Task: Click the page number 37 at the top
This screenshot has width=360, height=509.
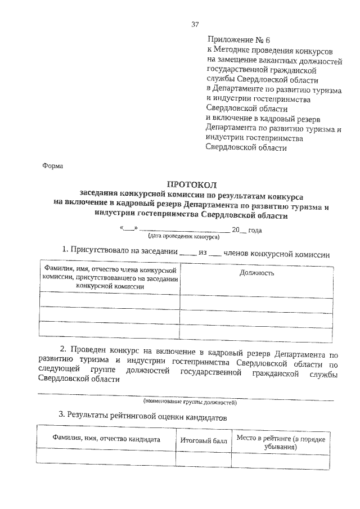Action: tap(195, 24)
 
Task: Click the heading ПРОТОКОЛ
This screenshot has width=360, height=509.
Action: tap(191, 184)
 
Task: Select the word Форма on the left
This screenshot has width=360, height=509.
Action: tap(53, 166)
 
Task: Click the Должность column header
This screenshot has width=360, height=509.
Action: tap(256, 273)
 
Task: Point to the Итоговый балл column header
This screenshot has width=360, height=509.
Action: tap(204, 440)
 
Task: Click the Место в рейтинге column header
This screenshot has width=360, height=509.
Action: tap(281, 441)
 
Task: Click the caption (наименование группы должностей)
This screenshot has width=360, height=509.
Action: tap(190, 403)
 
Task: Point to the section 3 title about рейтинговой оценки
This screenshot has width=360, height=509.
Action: tap(142, 417)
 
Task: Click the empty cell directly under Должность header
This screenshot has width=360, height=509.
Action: tap(256, 300)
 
